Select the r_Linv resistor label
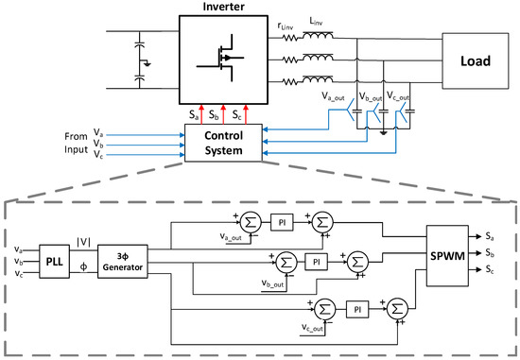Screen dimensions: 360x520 pos(286,26)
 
